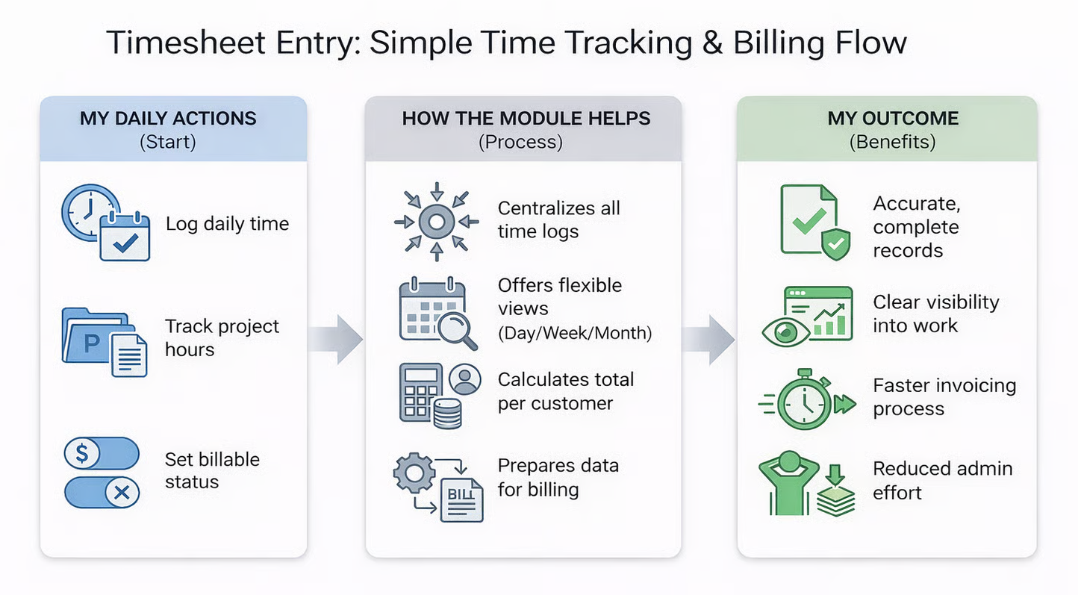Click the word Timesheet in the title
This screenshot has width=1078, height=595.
(186, 43)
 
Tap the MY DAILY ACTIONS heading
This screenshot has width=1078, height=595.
(168, 119)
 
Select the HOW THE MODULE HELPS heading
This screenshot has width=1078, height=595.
(526, 119)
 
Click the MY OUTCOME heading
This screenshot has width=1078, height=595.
(893, 119)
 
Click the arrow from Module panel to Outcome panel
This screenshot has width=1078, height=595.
(708, 340)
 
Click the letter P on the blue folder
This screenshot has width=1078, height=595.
(91, 343)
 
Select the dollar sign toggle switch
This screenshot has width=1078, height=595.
(102, 453)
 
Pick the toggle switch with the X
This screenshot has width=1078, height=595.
(102, 493)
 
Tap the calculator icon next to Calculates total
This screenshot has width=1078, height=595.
(420, 391)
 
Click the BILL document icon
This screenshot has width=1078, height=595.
(461, 500)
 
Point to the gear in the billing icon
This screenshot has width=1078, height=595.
(414, 473)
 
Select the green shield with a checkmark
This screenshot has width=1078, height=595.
(836, 245)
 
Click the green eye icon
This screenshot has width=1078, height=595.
(786, 332)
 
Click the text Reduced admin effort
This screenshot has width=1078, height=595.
(943, 481)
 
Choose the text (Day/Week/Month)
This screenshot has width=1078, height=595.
(575, 333)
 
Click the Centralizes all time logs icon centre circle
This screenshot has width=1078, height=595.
(437, 222)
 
